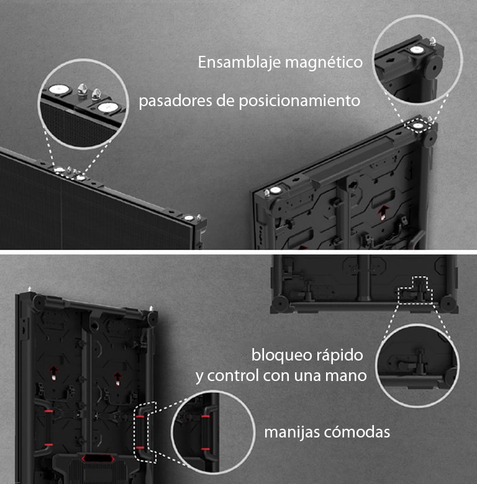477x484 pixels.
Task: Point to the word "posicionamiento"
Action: pyautogui.click(x=299, y=101)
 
